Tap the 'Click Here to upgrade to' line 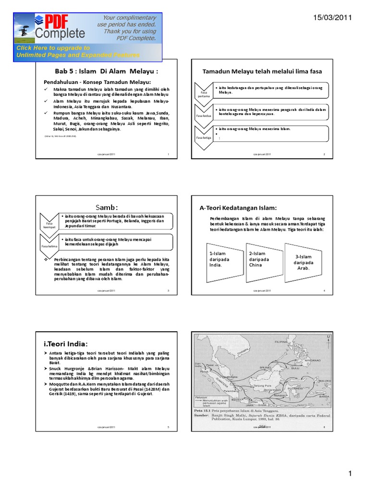[53, 48]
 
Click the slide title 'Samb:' [106, 207]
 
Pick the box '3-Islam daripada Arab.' [303, 261]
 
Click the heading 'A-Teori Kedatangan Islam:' [238, 207]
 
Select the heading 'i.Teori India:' [66, 344]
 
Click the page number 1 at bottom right [350, 474]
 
